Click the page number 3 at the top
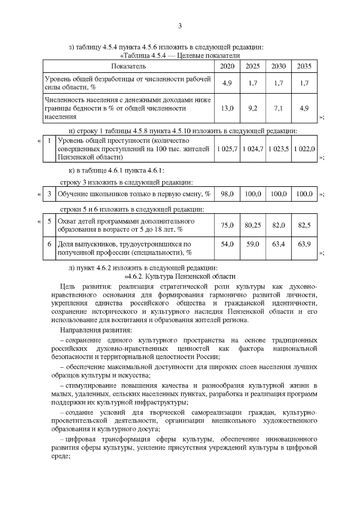(180, 26)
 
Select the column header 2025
(253, 66)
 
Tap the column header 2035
(304, 66)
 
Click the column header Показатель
(128, 66)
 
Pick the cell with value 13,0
(227, 108)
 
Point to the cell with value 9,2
(253, 108)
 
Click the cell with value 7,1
(278, 108)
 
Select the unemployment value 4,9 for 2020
(227, 83)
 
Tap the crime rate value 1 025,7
(227, 149)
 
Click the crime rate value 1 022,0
(304, 149)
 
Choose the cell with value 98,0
(227, 194)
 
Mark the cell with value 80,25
(253, 225)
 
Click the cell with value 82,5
(304, 225)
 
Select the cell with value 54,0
(227, 244)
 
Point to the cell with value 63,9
(304, 244)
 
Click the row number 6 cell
(49, 244)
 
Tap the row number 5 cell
(49, 221)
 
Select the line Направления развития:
(96, 330)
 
